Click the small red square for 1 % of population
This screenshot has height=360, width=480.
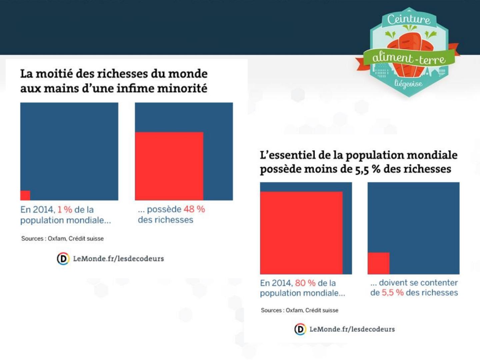[25, 195]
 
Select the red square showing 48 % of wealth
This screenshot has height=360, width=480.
[169, 166]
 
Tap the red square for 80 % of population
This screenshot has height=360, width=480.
[301, 233]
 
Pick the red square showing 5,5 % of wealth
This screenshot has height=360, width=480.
[378, 263]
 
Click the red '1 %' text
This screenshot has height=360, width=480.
[65, 210]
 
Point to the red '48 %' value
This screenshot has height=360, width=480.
[194, 209]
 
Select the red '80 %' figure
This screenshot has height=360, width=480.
[305, 283]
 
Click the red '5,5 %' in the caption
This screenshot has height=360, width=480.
[393, 293]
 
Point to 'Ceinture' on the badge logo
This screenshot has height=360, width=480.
[409, 19]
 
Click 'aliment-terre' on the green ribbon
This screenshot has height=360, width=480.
[409, 59]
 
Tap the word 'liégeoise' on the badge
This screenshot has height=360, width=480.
[408, 83]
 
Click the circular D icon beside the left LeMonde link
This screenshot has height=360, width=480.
[63, 259]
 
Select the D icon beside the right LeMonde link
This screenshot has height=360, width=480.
[300, 329]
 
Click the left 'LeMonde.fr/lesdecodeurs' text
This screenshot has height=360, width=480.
[118, 259]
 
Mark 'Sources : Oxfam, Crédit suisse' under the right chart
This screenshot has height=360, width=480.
[299, 310]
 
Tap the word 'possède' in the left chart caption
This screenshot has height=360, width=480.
[164, 209]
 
